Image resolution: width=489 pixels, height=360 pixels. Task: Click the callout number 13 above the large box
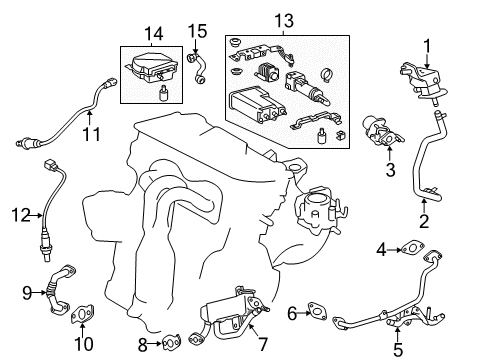click(x=284, y=21)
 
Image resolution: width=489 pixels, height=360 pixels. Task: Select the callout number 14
click(x=154, y=34)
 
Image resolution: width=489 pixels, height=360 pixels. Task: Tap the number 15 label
click(x=197, y=31)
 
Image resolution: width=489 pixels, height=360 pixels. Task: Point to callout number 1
click(x=427, y=46)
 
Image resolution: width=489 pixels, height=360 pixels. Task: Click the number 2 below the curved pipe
click(x=424, y=221)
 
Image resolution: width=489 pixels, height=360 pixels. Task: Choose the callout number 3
click(x=390, y=169)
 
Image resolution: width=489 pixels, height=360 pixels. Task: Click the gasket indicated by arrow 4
click(x=413, y=249)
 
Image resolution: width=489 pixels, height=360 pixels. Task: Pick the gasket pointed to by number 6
click(x=318, y=311)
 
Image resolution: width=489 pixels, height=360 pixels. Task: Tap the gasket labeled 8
click(x=172, y=343)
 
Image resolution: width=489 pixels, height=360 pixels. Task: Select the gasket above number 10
click(x=82, y=314)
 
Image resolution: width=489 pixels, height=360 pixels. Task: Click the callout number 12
click(x=21, y=215)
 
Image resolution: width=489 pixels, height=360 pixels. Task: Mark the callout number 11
click(x=91, y=134)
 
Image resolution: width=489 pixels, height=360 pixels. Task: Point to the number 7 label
click(x=263, y=344)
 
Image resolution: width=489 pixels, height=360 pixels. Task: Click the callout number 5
click(x=398, y=349)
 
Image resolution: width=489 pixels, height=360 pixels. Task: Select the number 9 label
click(x=27, y=293)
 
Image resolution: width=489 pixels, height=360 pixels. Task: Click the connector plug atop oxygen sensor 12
click(x=50, y=165)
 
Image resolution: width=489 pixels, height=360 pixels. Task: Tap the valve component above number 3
click(x=382, y=131)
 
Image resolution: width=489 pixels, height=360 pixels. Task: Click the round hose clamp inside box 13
click(x=328, y=75)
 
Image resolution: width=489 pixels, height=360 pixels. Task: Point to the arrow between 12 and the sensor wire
click(x=37, y=216)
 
